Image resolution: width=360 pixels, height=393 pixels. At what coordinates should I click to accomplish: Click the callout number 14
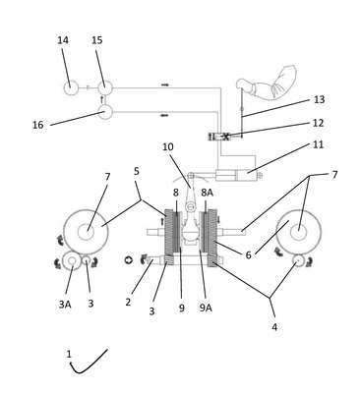[x=63, y=40]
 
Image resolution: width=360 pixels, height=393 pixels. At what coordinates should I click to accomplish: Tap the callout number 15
[x=97, y=40]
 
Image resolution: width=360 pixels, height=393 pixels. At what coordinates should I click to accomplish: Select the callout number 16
[x=38, y=125]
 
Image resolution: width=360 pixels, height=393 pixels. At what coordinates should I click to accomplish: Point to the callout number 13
[x=319, y=99]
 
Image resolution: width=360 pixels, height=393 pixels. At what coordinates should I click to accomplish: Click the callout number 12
[x=318, y=123]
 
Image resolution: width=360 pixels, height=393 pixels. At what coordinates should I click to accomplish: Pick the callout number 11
[x=319, y=144]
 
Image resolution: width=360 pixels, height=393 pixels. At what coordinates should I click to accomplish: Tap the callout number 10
[x=168, y=146]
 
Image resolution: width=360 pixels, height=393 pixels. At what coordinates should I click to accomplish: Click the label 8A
[x=207, y=193]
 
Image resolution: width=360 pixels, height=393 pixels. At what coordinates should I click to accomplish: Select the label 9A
[x=206, y=308]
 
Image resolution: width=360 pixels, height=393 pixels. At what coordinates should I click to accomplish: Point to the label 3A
[x=65, y=305]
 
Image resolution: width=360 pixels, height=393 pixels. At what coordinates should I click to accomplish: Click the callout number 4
[x=274, y=326]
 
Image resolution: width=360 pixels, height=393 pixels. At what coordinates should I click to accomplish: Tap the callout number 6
[x=248, y=254]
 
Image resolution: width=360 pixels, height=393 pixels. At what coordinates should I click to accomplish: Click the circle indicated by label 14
[x=71, y=88]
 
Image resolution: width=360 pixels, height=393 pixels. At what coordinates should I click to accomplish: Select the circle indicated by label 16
[x=105, y=112]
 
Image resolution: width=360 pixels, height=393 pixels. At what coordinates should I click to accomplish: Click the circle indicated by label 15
[x=105, y=87]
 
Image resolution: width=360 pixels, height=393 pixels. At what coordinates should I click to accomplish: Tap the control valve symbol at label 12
[x=219, y=137]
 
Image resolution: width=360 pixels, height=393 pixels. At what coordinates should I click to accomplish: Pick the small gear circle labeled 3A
[x=72, y=261]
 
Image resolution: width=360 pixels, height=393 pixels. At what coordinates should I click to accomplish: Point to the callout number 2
[x=128, y=302]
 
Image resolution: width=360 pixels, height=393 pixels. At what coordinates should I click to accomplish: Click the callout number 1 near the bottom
[x=69, y=354]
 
